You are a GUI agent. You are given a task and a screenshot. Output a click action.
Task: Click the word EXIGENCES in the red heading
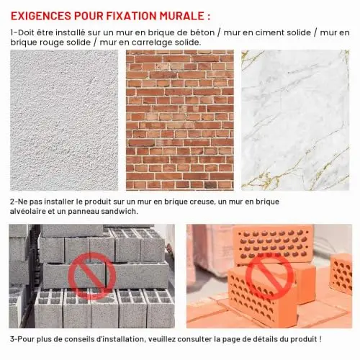click(x=41, y=16)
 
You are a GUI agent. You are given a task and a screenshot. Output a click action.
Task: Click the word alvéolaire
click(x=28, y=211)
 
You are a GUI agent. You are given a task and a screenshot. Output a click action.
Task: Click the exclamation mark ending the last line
click(x=320, y=339)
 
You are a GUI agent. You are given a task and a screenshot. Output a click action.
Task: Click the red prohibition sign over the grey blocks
click(x=92, y=276)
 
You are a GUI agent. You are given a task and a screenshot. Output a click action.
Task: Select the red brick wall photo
click(x=180, y=120)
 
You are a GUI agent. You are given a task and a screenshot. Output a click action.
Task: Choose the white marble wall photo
click(x=295, y=120)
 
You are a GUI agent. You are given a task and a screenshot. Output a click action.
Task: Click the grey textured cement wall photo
click(x=64, y=120)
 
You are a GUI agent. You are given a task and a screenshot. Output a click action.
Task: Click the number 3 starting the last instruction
click(x=12, y=339)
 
